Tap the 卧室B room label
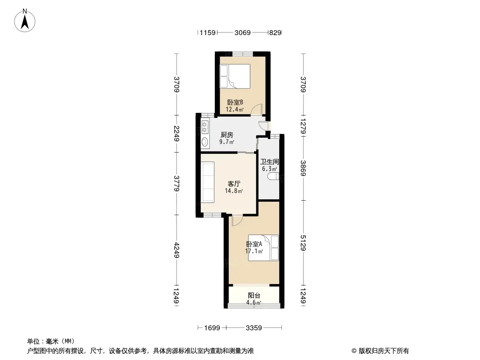coord(235,102)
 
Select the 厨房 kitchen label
coord(227,135)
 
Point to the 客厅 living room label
coord(234,184)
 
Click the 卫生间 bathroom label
coord(269,162)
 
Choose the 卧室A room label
coord(254,244)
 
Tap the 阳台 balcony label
coord(254,296)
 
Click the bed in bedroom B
coord(235,76)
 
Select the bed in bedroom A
coord(263,247)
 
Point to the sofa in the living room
coord(207,182)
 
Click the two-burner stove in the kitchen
coord(205,126)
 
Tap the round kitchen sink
coord(205,142)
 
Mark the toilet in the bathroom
coord(273,176)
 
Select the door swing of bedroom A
coord(237,220)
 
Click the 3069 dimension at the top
coord(242,32)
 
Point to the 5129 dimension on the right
coord(303,243)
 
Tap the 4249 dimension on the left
coord(177,250)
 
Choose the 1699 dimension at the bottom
coord(212,328)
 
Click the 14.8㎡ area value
coord(234,191)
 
